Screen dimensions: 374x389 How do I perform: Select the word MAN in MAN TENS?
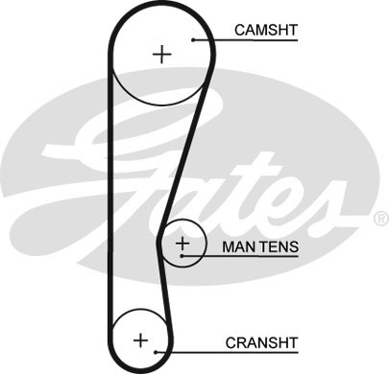[x=238, y=248]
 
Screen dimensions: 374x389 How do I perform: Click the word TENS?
[x=280, y=248]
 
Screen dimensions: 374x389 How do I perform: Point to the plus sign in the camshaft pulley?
[x=161, y=54]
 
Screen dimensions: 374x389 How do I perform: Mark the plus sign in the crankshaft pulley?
[x=140, y=339]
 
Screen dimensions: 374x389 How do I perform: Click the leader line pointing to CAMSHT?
[x=217, y=39]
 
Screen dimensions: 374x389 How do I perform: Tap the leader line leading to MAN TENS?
[x=212, y=257]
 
